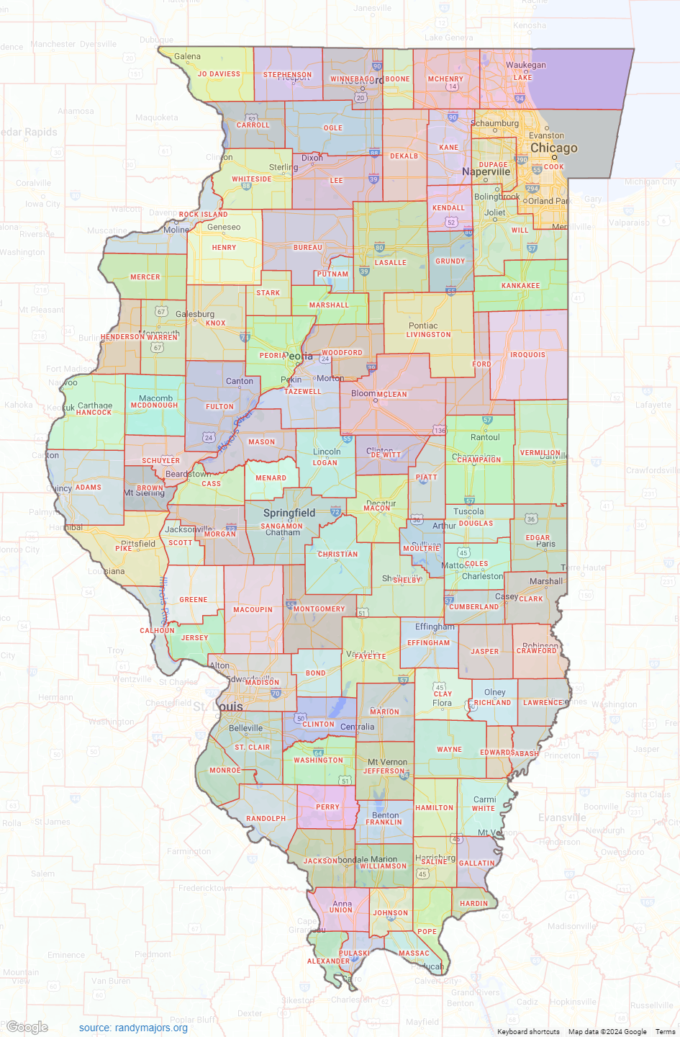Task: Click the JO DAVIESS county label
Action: [219, 74]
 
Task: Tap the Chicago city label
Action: [553, 148]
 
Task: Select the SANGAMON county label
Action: [281, 526]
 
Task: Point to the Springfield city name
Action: [289, 513]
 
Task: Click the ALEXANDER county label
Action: [328, 961]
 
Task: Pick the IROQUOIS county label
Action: [527, 355]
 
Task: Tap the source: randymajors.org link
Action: [133, 1028]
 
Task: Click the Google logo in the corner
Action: [27, 1028]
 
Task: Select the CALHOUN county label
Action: [157, 631]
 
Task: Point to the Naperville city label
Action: [486, 172]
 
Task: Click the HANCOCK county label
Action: [94, 413]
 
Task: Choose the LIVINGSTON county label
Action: [428, 335]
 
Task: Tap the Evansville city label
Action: [562, 818]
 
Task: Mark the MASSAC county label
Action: [414, 953]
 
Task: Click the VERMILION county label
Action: [540, 453]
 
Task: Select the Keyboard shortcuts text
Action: [528, 1032]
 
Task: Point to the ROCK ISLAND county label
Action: [203, 215]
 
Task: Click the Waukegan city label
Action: [525, 65]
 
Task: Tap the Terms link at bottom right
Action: [665, 1032]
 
